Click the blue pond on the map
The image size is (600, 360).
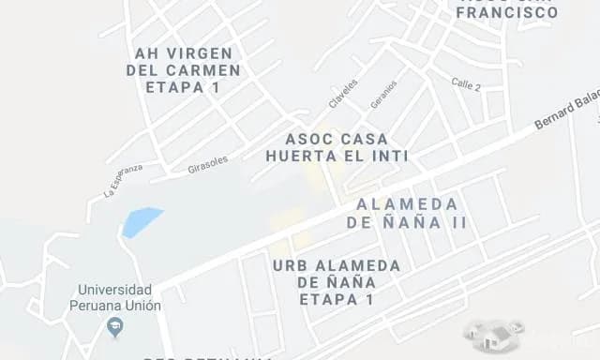tap(141, 221)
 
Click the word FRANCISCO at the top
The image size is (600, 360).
tap(507, 13)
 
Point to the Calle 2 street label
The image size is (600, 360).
tap(465, 85)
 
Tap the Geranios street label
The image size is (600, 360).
tap(383, 95)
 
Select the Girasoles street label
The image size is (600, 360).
tap(207, 164)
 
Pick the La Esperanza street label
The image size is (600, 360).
tap(123, 180)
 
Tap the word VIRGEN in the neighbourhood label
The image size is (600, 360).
tap(202, 52)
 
